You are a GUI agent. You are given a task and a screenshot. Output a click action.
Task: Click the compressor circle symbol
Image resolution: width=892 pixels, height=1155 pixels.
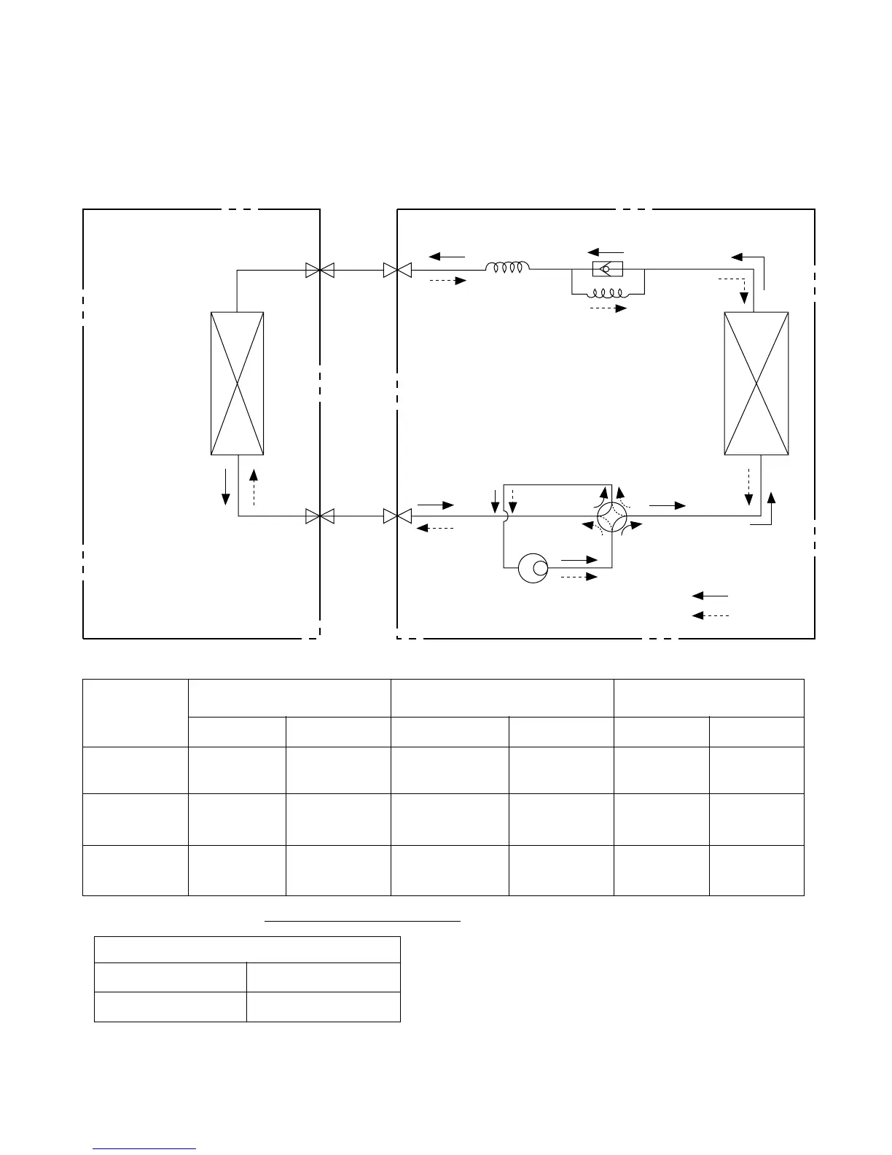tap(533, 568)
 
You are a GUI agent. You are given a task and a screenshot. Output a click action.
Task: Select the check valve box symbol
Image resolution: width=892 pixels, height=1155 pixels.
tap(607, 270)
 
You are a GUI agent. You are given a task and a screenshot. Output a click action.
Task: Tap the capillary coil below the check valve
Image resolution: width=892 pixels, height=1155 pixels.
tap(607, 293)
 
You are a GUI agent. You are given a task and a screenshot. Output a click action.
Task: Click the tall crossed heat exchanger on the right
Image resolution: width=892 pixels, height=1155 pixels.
tap(756, 383)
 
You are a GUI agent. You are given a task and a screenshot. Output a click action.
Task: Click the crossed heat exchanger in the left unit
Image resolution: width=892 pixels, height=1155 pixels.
tap(237, 383)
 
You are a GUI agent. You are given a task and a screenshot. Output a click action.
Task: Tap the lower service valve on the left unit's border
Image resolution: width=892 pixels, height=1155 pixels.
tap(320, 516)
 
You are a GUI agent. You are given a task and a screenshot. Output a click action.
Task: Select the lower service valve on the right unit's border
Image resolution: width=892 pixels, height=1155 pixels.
tap(396, 516)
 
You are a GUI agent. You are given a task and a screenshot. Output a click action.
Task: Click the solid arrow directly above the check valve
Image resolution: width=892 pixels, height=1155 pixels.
tap(606, 253)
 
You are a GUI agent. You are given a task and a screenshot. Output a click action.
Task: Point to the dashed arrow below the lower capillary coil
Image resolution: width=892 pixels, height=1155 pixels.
tap(608, 308)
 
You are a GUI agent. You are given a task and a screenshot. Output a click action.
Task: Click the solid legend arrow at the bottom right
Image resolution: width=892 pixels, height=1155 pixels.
tap(710, 596)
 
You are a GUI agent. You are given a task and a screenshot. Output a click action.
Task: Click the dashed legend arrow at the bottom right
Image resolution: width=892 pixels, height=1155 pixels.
tap(710, 616)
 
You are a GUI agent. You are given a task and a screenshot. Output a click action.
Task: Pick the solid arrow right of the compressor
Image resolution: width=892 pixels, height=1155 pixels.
tap(579, 559)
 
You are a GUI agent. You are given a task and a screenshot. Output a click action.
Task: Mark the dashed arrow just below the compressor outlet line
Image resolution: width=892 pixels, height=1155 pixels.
tap(579, 577)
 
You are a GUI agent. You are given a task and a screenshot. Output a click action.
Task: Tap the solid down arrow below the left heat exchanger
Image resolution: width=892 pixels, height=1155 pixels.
tap(226, 486)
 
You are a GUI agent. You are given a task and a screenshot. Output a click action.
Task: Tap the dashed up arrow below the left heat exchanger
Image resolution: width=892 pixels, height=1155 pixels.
tap(253, 486)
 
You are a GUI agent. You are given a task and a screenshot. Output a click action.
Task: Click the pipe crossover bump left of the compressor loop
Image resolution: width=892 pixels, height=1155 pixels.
tap(504, 516)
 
